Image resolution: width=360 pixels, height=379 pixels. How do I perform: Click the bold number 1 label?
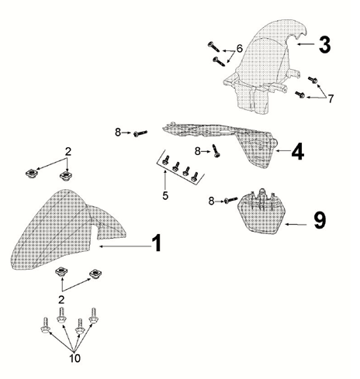(157, 243)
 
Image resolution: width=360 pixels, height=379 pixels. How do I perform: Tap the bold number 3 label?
(324, 44)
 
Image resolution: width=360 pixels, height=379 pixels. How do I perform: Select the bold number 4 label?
(298, 151)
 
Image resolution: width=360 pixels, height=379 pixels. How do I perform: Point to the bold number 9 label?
(320, 220)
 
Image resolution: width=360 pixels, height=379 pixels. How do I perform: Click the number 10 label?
(74, 358)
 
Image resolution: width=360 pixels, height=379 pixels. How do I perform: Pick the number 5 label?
(165, 195)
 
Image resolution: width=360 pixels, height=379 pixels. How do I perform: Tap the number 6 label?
(240, 48)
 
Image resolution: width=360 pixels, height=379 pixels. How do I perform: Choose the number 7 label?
(331, 98)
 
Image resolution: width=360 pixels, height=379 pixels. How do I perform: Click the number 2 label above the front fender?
(68, 152)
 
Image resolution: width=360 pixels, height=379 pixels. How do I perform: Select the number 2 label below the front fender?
(61, 300)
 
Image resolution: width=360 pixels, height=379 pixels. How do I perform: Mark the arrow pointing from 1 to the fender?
(125, 246)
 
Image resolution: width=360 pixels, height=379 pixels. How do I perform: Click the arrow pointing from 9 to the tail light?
(296, 225)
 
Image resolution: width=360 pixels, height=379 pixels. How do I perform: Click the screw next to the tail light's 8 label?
(230, 200)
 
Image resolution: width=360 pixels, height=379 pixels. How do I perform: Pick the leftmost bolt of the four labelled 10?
(45, 326)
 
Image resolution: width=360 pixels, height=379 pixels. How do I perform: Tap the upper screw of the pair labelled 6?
(213, 47)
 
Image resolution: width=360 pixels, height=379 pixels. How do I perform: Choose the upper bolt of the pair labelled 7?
(313, 80)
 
